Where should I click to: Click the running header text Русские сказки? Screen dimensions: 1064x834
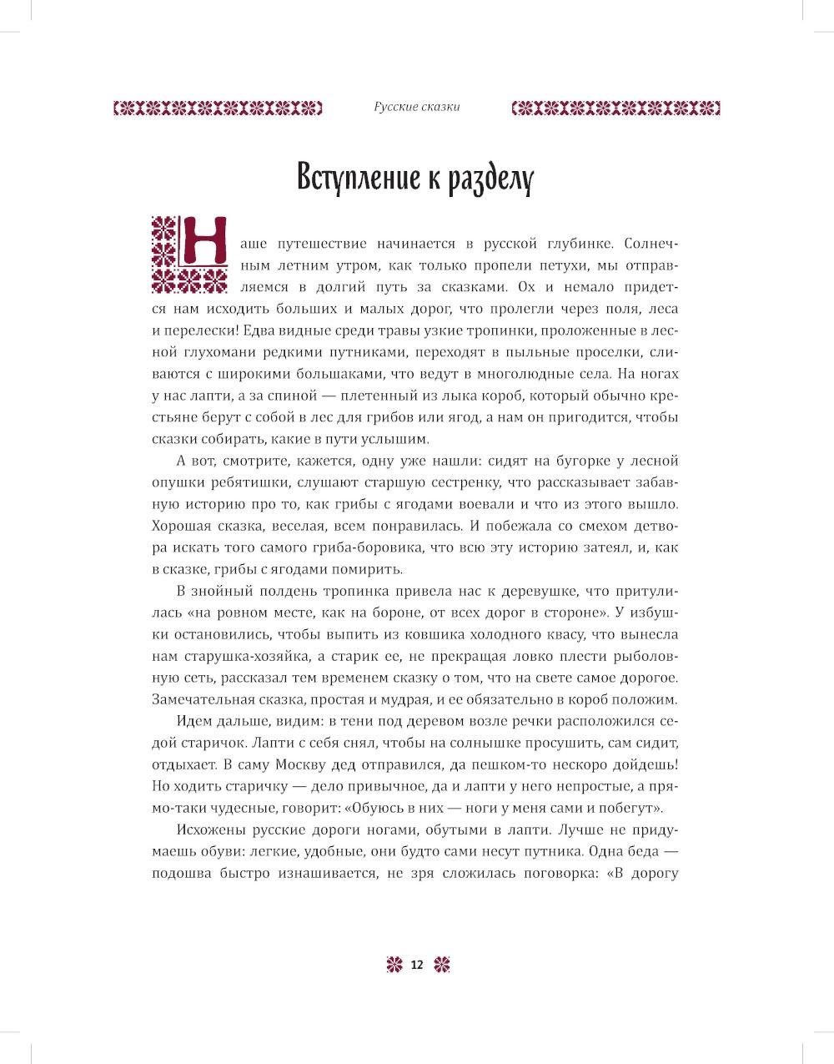(417, 107)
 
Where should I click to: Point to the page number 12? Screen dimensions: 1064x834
(417, 965)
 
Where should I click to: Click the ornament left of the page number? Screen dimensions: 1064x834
(393, 965)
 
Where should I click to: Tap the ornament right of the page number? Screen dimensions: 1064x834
(442, 965)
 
